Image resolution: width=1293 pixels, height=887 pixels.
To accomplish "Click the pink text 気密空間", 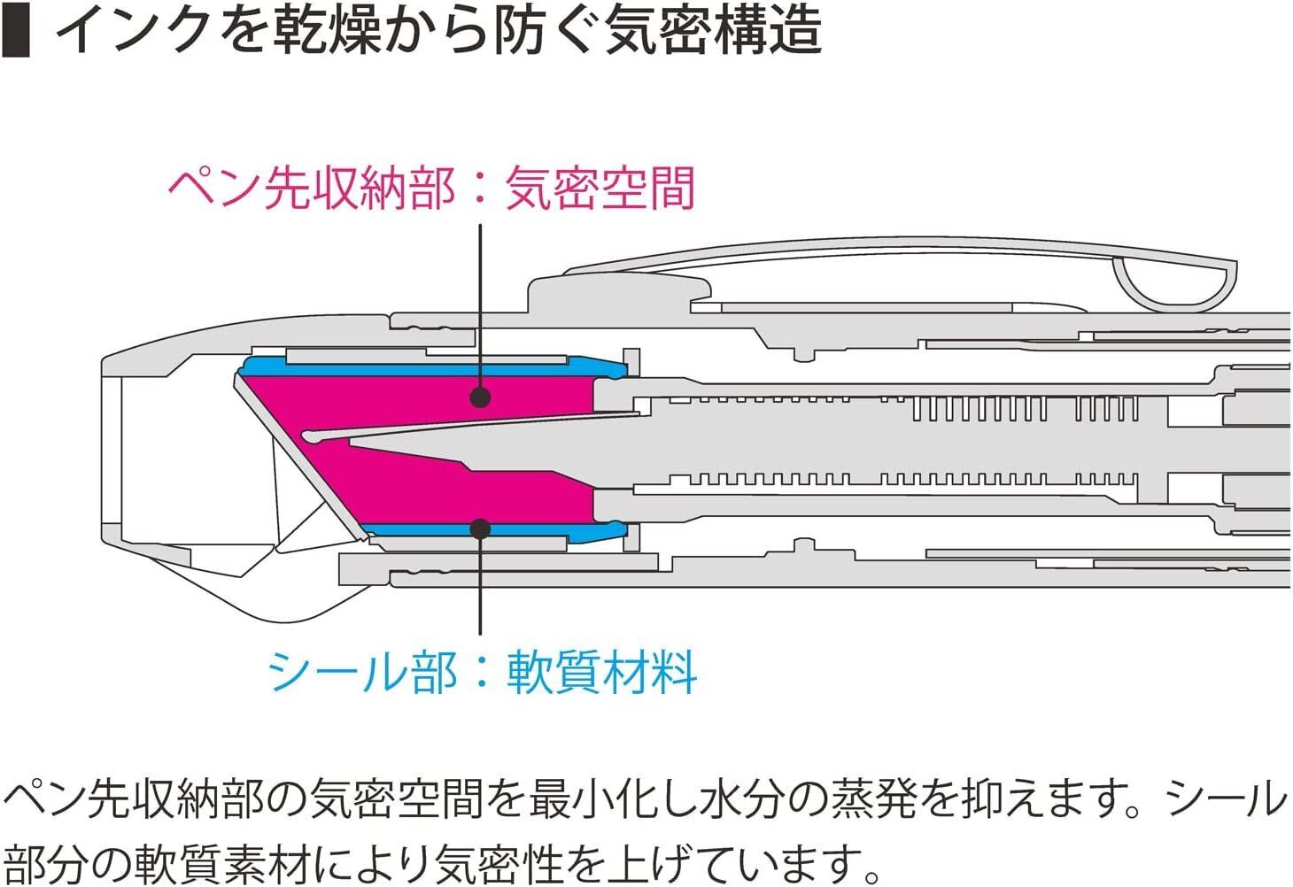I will [x=600, y=189].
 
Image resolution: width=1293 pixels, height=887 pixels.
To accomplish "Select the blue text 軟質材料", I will [x=602, y=672].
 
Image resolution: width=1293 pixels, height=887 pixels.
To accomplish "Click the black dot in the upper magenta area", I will [x=480, y=396].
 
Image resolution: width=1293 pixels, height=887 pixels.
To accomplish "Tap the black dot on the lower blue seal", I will [x=480, y=529].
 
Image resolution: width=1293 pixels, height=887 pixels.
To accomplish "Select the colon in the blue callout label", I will [x=480, y=673].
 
